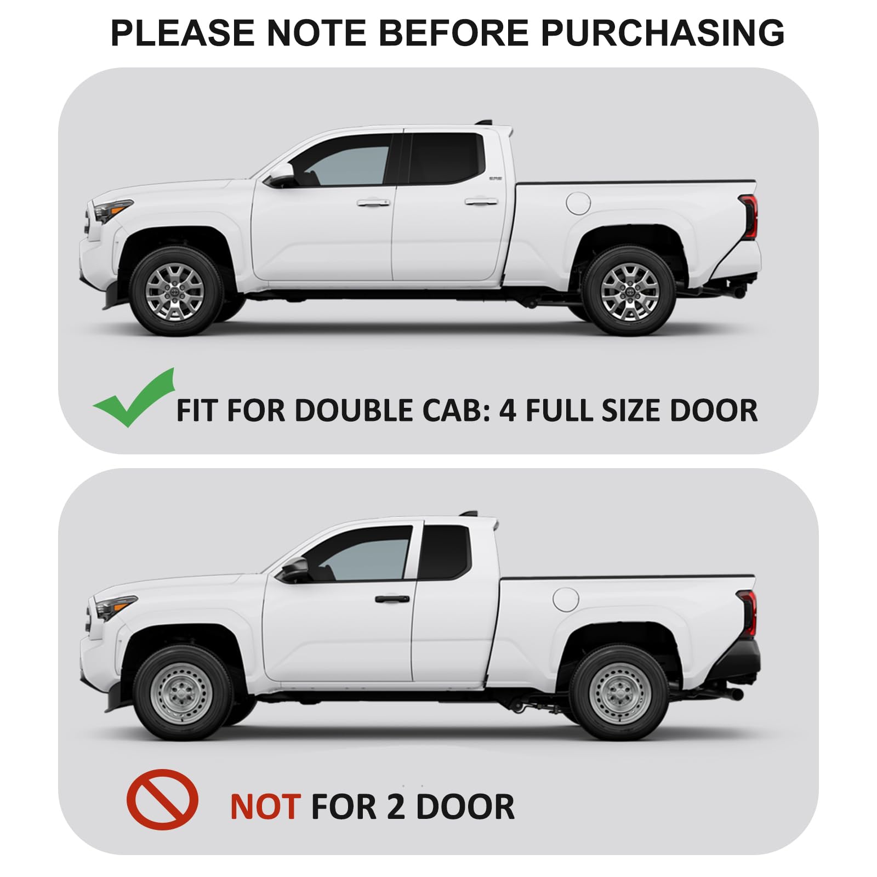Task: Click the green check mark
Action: (134, 399)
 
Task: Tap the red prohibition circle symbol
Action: (162, 799)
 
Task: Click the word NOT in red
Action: (265, 807)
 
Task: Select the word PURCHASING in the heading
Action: (663, 33)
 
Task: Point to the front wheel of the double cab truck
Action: (175, 291)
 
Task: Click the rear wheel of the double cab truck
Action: (629, 291)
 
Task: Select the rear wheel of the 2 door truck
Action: (620, 693)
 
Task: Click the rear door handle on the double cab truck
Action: (481, 202)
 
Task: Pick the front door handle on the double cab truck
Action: (373, 202)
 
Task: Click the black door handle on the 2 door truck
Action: (392, 599)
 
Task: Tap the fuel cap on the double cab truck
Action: (578, 203)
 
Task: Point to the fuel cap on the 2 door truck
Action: (566, 600)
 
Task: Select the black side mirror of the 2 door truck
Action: (294, 570)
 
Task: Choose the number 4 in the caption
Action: (508, 410)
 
